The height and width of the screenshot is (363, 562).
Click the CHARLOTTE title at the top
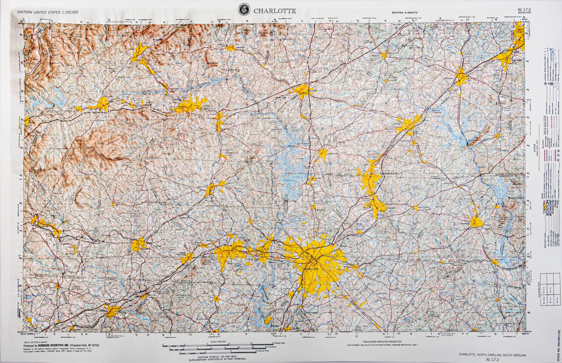click(x=275, y=11)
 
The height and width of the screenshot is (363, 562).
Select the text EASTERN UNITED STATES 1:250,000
click(x=47, y=12)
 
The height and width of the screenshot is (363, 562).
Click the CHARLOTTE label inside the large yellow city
click(x=310, y=269)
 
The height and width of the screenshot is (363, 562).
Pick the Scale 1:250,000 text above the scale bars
click(x=219, y=341)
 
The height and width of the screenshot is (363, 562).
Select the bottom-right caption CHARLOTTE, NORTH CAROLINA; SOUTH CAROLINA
click(x=492, y=355)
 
